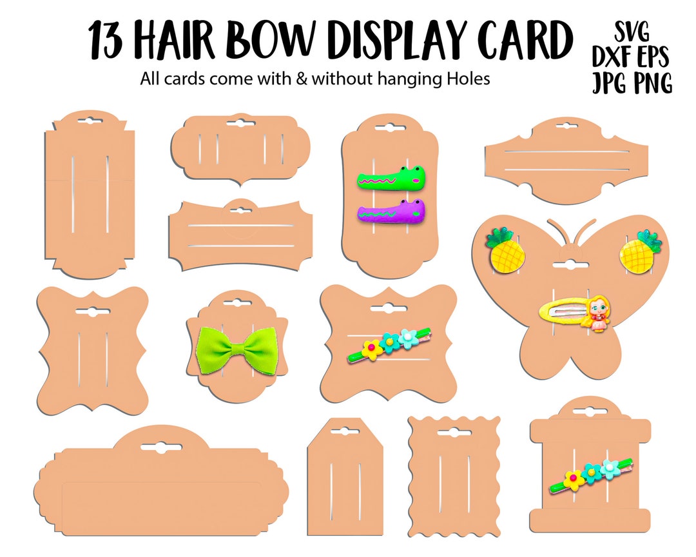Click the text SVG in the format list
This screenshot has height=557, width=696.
coord(632,32)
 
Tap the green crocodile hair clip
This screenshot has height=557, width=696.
coord(391,178)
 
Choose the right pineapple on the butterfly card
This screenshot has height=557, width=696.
coord(640,252)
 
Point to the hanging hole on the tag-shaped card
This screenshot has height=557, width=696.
coord(345,431)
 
